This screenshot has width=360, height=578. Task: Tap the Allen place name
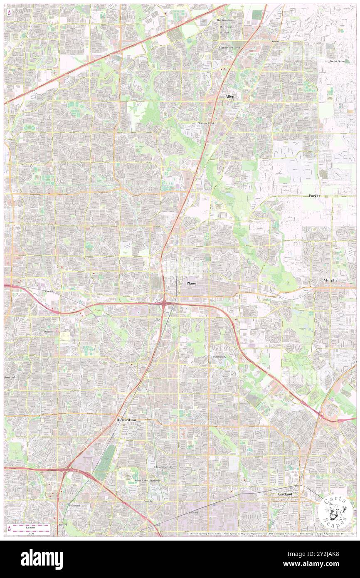(x=230, y=96)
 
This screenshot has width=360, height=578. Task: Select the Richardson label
(x=126, y=420)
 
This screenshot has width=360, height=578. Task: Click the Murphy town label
(x=330, y=280)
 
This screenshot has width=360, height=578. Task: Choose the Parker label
(x=314, y=195)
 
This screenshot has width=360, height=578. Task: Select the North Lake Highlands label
(x=147, y=480)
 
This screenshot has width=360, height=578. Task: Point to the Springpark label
(x=219, y=357)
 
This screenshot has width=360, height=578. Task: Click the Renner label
(x=49, y=332)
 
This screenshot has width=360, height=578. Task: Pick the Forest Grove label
(x=337, y=61)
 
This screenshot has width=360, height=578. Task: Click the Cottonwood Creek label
(x=230, y=48)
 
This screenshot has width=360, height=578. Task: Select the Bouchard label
(x=74, y=505)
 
